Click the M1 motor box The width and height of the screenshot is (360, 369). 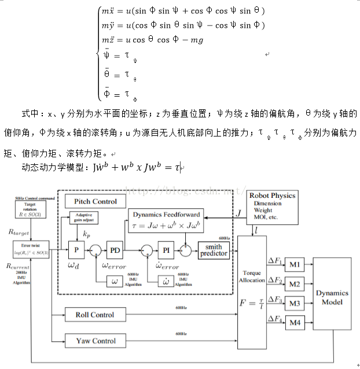[295, 265]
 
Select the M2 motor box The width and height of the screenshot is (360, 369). [295, 284]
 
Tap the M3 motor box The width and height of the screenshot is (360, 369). [295, 303]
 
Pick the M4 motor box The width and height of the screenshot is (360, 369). [295, 322]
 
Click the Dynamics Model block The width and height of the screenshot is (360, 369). [332, 294]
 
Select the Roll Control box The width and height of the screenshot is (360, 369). [94, 315]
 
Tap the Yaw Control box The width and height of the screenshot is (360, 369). [95, 341]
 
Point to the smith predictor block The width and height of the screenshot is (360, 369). [214, 250]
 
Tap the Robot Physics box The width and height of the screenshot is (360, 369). [272, 206]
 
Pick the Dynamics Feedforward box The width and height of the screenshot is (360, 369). [167, 219]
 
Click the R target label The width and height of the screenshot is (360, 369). [19, 231]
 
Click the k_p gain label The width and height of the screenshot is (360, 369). [87, 234]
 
